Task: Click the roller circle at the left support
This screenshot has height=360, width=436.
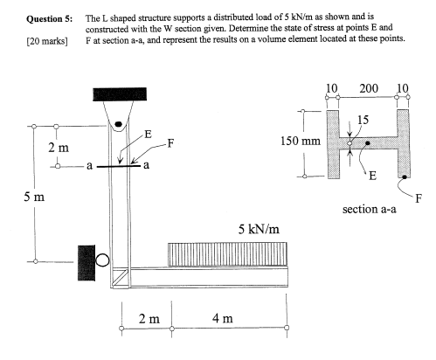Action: click(x=103, y=260)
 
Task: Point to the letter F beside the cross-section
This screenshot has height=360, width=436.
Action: click(x=417, y=199)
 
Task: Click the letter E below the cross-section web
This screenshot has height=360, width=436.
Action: click(x=372, y=175)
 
